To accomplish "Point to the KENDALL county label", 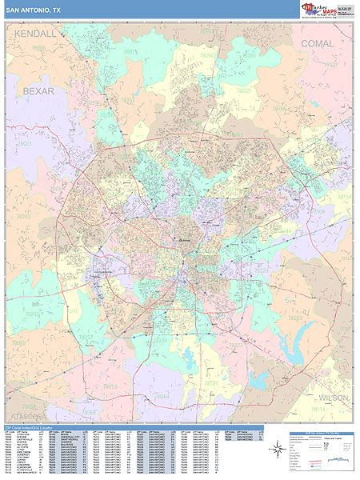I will tap(36, 34).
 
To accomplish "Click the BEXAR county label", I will tap(38, 91).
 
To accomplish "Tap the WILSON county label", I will tap(332, 397).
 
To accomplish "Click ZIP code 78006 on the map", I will tap(38, 48).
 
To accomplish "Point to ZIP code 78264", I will tap(162, 395).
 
